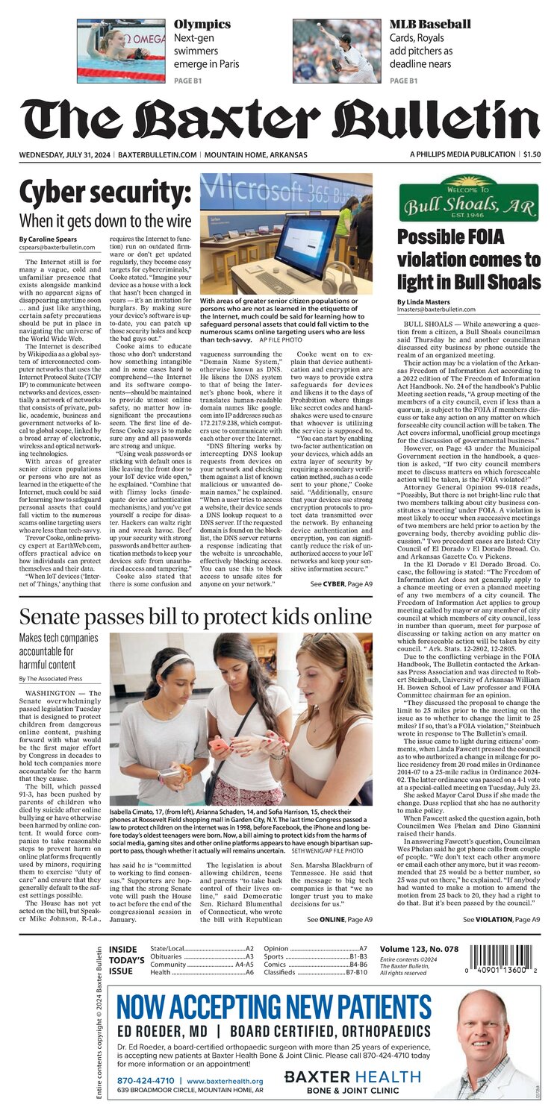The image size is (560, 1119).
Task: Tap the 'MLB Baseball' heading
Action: (x=430, y=24)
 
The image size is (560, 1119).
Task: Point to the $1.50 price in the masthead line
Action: (x=532, y=154)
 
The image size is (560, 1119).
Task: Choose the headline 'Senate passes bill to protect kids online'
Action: (x=196, y=617)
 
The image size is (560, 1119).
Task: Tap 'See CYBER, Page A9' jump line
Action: (x=335, y=583)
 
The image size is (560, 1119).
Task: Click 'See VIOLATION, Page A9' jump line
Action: (x=500, y=919)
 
